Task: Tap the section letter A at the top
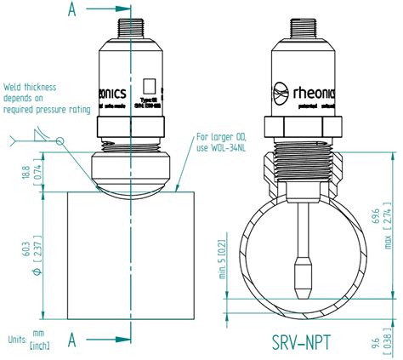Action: click(74, 11)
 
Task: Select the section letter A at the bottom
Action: click(74, 340)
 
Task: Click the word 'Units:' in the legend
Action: click(15, 339)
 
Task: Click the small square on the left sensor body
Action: click(149, 86)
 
